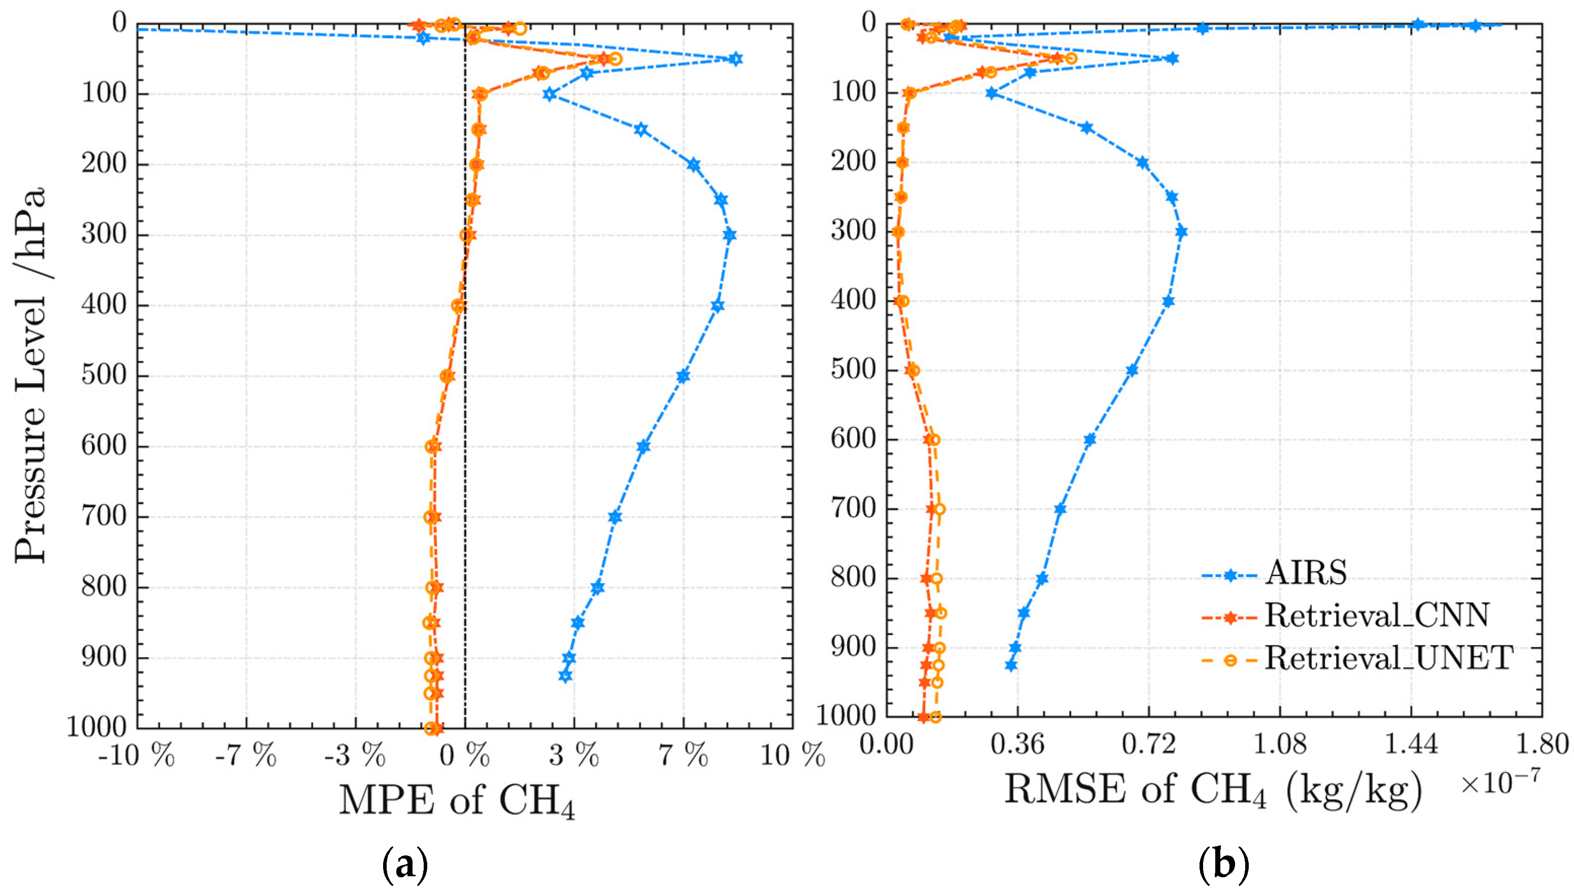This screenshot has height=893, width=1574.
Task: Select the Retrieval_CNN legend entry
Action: coord(1377,615)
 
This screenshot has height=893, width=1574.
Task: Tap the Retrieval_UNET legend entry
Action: coord(1388,658)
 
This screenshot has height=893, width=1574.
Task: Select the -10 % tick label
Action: coord(136,756)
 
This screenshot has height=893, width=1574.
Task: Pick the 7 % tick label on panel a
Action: coord(683,756)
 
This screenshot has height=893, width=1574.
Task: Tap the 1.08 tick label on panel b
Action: coord(1280,746)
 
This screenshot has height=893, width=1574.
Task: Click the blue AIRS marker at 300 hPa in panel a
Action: coord(729,235)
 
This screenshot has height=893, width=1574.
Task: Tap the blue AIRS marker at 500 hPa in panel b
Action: coord(1132,370)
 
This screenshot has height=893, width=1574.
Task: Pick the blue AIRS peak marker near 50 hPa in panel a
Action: coord(736,59)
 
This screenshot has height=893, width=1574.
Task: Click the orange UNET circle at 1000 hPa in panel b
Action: coord(935,717)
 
